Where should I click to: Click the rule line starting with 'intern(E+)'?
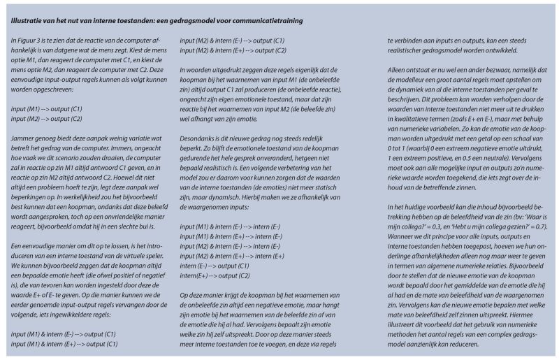click(215, 276)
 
